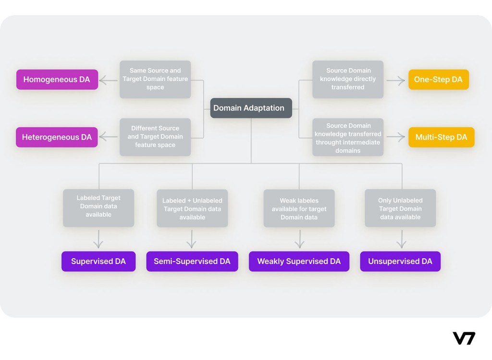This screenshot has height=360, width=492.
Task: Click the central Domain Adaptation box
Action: click(251, 108)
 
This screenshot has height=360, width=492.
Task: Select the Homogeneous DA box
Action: click(57, 79)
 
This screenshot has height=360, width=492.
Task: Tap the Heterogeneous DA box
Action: click(57, 137)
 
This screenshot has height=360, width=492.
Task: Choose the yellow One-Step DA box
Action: click(438, 79)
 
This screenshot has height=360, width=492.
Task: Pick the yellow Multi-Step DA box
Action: click(441, 137)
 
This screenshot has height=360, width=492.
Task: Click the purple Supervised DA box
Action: click(98, 261)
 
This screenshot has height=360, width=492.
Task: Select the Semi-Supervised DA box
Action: click(192, 261)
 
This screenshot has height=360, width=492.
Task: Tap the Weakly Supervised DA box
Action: click(299, 261)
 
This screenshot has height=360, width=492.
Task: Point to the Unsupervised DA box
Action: click(400, 261)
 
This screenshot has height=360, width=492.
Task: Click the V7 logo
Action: click(464, 338)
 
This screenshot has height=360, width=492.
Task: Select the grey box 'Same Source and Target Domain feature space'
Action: click(155, 79)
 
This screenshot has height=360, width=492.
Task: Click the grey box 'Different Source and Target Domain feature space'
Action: click(155, 137)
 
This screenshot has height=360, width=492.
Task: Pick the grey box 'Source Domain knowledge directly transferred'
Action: click(348, 79)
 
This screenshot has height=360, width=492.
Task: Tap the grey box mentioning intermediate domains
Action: click(348, 137)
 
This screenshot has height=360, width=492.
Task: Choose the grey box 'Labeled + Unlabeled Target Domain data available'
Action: click(192, 209)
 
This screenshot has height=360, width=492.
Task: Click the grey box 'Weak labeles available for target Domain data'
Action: click(299, 209)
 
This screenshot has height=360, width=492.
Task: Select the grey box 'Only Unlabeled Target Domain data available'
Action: click(400, 208)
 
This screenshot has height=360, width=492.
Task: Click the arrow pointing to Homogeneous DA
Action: click(109, 80)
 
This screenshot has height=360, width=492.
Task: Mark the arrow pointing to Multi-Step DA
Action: click(396, 137)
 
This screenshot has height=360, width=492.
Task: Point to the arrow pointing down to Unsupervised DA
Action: click(401, 239)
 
